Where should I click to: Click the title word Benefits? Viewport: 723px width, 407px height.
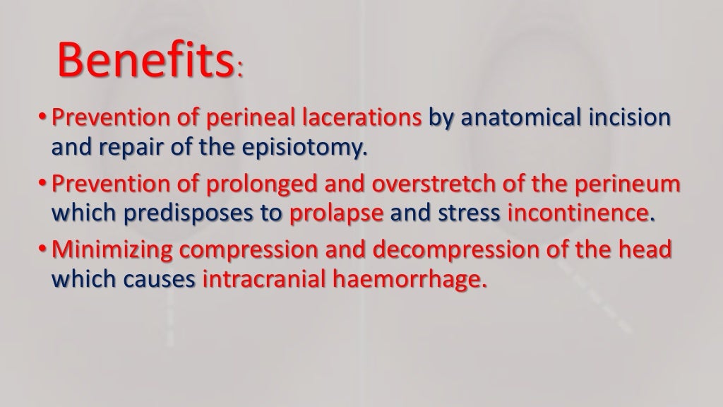pyautogui.click(x=145, y=60)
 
